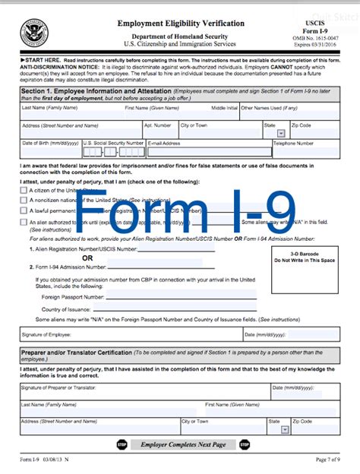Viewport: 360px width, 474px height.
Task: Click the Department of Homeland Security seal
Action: [x=33, y=31]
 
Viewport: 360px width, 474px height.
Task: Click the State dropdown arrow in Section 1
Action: [x=270, y=132]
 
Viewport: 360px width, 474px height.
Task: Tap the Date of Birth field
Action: [x=50, y=150]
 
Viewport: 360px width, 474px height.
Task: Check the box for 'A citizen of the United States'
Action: [x=24, y=189]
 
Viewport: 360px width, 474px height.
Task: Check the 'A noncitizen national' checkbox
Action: [x=24, y=200]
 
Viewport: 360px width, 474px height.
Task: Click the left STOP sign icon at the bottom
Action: [x=122, y=444]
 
